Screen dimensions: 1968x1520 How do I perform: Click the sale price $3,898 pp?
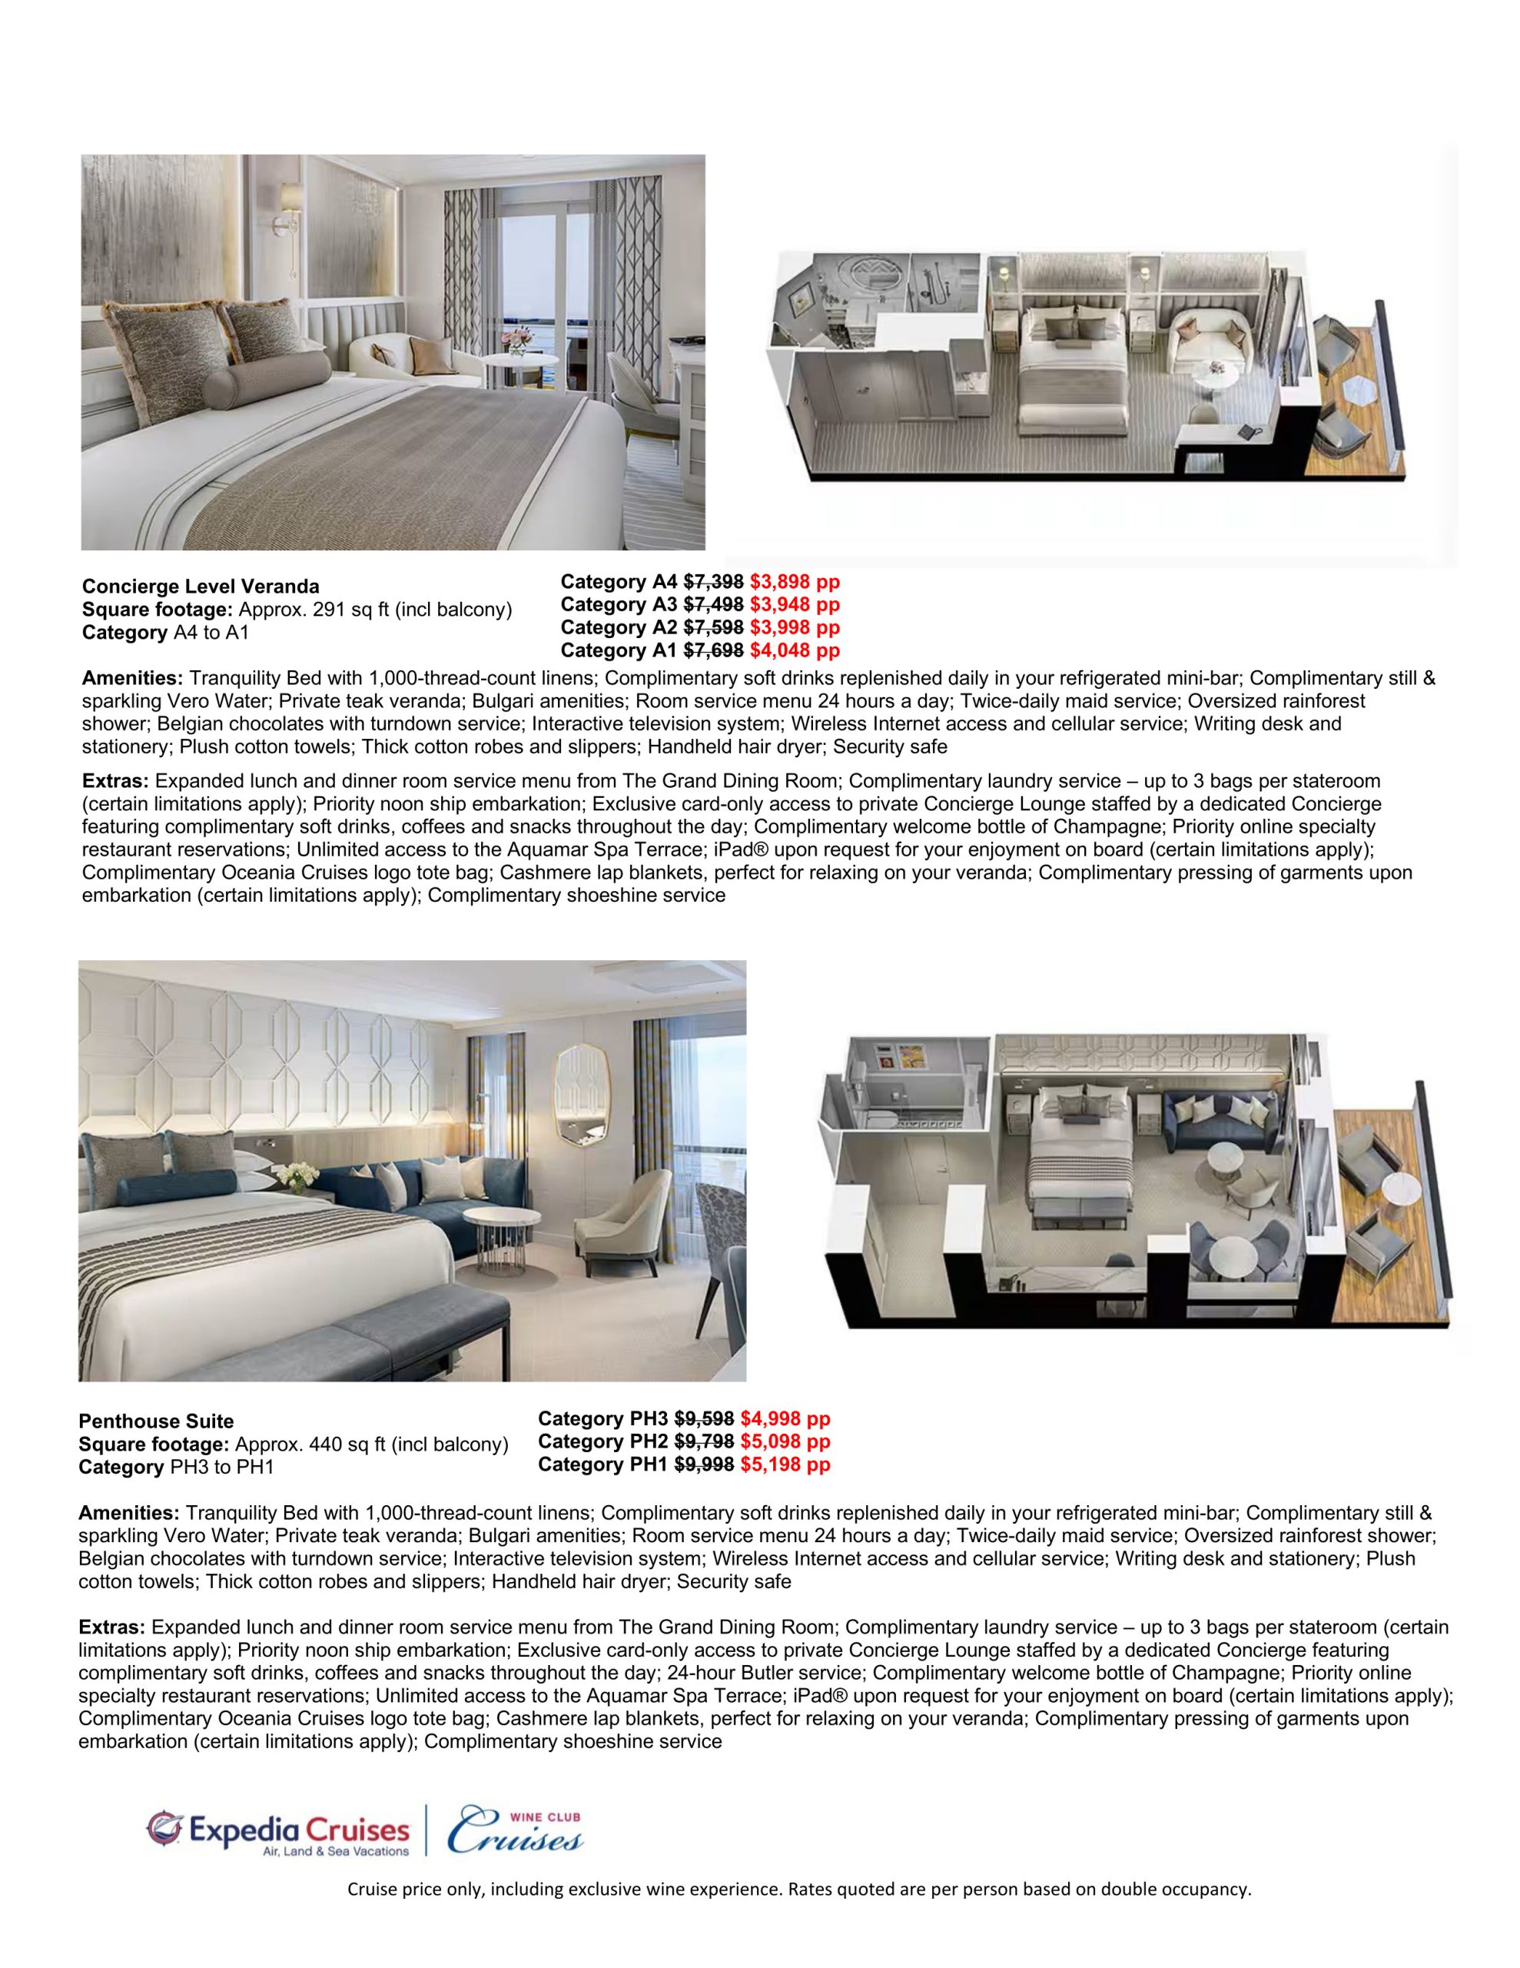[794, 582]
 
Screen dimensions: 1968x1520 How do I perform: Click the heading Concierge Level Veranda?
[200, 587]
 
